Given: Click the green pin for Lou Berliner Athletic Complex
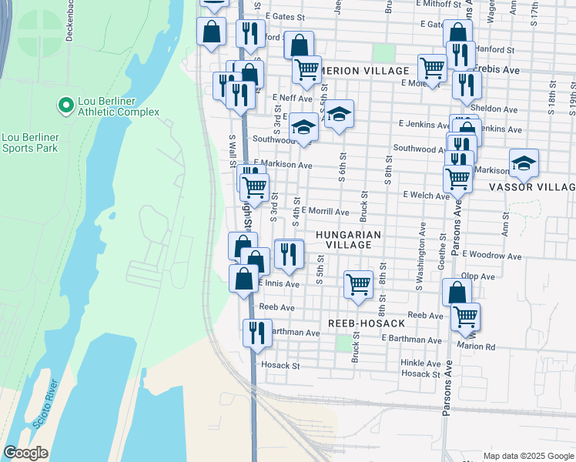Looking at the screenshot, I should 65,103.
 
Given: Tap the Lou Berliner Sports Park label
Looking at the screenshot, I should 31,142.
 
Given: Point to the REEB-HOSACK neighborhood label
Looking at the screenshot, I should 366,323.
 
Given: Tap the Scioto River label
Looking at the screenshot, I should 44,407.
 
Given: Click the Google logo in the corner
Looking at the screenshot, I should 25,453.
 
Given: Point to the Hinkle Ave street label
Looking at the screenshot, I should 420,363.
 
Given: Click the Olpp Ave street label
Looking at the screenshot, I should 477,276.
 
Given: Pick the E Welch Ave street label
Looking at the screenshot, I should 427,196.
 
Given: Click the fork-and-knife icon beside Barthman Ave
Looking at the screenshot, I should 256,332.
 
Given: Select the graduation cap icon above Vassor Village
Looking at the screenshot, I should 524,162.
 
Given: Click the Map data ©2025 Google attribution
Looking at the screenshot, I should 527,456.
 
